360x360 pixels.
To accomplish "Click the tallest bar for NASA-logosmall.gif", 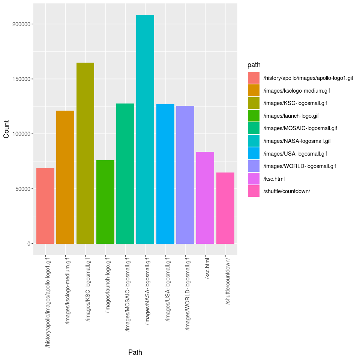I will pos(145,129).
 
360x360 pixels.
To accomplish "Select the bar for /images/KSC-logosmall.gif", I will pos(85,153).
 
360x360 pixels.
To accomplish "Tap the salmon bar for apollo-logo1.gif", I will pos(45,206).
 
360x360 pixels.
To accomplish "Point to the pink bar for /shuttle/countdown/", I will pos(225,208).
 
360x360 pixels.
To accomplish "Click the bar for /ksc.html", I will pos(205,198).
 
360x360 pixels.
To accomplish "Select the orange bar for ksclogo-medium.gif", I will pos(65,177).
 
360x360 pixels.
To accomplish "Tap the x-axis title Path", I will pos(135,352).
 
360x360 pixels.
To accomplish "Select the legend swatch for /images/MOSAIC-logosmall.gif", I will pos(253,128).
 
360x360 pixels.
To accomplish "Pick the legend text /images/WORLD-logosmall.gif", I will pos(300,166).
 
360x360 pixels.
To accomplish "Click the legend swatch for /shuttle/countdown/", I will pos(253,191).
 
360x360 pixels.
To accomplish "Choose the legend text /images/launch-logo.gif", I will pos(291,116).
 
